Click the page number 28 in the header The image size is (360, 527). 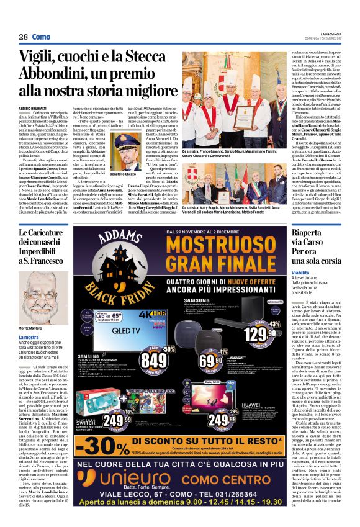[23, 37]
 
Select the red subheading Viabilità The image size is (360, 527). [302, 272]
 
